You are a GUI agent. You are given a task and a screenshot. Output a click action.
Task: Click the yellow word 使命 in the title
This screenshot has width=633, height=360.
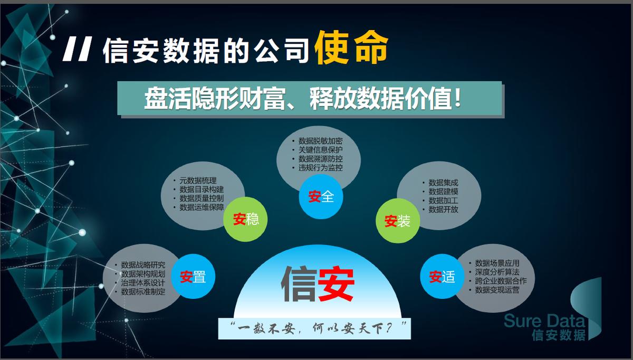point(351,48)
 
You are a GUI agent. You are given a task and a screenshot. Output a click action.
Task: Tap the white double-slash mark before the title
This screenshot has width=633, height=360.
point(77,49)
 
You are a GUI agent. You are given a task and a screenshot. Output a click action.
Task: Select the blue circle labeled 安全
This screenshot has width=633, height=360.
point(321,196)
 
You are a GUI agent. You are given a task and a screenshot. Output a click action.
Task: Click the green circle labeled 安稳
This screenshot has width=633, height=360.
point(245,219)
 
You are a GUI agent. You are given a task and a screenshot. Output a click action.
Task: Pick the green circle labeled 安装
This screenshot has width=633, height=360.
point(398,221)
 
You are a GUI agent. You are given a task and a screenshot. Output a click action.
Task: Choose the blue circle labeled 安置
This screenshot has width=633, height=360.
point(193,276)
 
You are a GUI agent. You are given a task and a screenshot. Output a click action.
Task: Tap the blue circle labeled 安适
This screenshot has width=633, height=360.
point(442,276)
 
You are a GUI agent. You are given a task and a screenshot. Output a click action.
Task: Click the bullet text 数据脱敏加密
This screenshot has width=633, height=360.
point(321,141)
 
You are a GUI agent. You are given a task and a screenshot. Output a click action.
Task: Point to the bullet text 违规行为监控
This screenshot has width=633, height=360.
point(321,168)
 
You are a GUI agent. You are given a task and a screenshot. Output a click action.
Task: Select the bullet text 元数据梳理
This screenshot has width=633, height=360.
point(198,181)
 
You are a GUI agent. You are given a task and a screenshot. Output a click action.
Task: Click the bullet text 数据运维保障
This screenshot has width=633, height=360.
point(202,207)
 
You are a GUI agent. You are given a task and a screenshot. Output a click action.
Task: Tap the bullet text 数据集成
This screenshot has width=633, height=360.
point(443,183)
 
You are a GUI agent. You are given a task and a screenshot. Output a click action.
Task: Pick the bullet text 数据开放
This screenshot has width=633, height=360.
point(443,210)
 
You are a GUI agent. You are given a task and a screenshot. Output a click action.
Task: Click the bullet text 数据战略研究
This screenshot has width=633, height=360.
point(143,265)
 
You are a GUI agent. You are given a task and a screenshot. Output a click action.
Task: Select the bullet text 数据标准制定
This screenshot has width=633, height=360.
point(143,291)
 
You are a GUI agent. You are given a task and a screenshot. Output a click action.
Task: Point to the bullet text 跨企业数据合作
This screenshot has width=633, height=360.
point(501,281)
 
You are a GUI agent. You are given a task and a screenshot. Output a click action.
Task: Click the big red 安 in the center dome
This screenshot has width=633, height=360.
point(337,283)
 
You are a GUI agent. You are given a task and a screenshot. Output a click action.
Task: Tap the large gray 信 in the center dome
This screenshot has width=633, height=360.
point(299,283)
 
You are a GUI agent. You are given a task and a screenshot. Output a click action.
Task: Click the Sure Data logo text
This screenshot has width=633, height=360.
point(544,321)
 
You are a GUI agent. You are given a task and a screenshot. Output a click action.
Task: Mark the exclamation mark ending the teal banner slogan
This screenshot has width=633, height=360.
point(458,98)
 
